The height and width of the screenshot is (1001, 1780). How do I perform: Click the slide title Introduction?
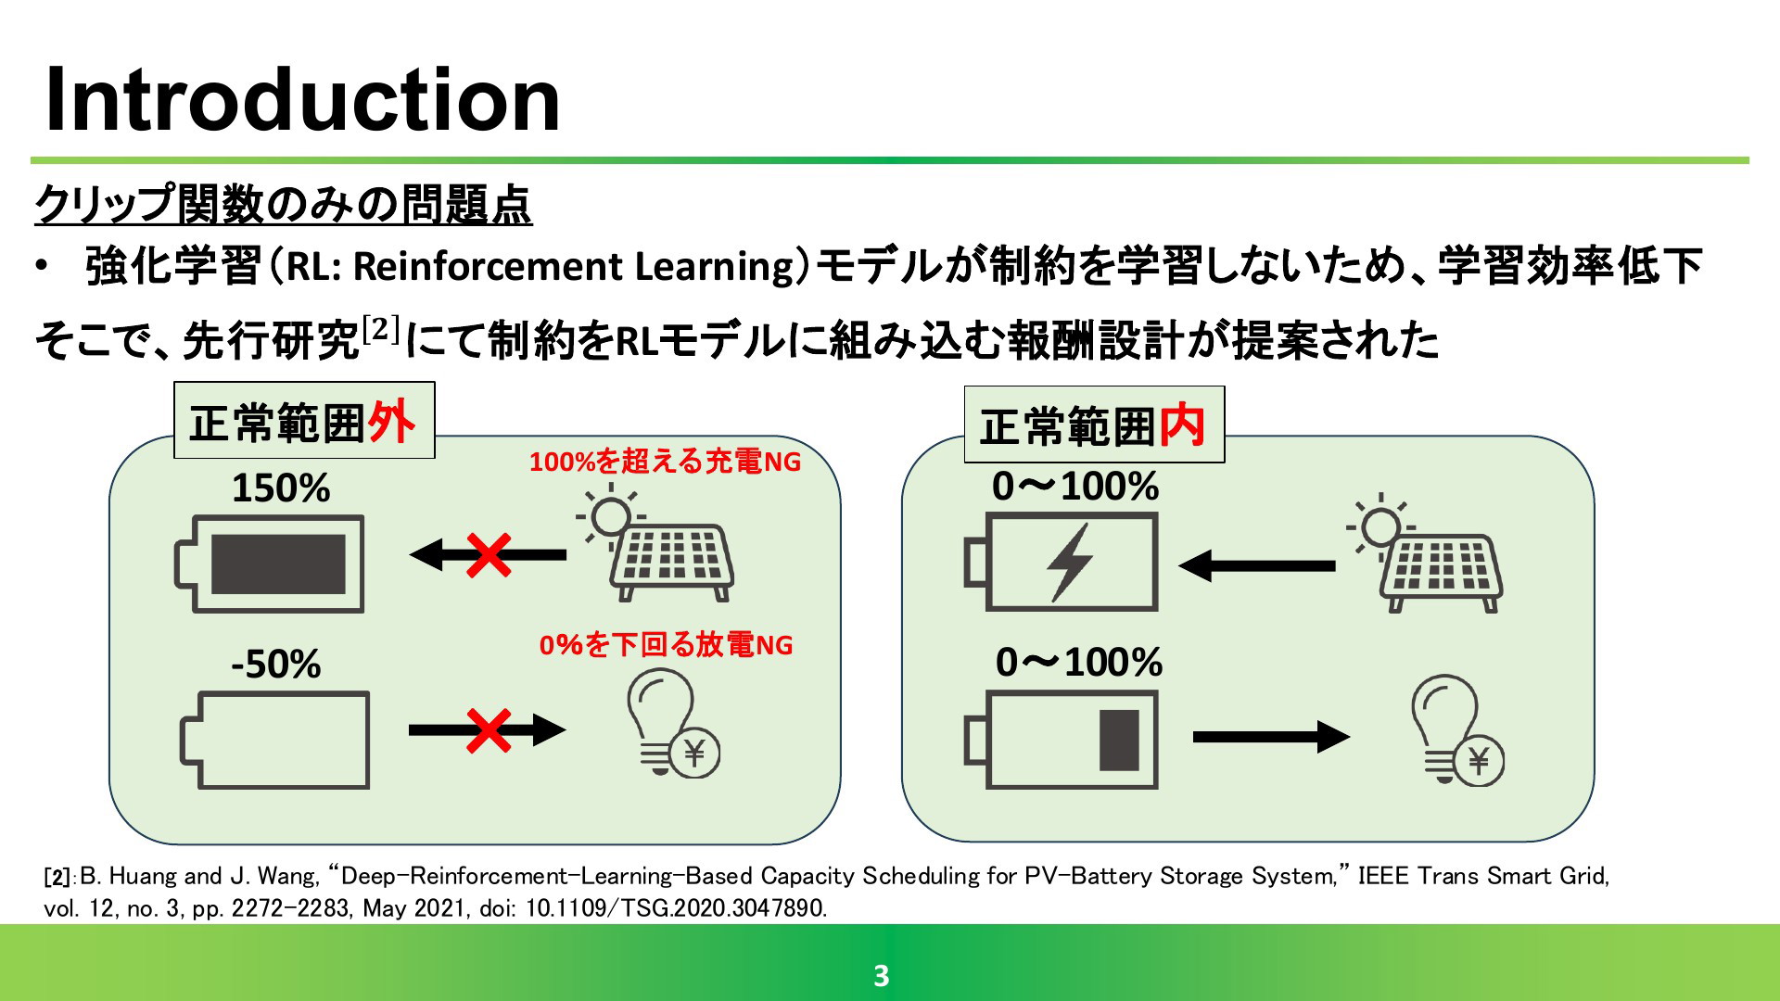(x=302, y=100)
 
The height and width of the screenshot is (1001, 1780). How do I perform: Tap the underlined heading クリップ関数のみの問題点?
(x=283, y=205)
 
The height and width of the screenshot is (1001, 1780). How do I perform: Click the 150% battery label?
(x=281, y=488)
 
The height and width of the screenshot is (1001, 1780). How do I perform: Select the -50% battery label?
(x=276, y=664)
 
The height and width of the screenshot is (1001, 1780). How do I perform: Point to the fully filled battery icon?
(x=270, y=564)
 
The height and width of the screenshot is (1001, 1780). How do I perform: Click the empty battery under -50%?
(x=274, y=741)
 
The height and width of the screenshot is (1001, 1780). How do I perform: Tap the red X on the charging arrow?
(x=489, y=555)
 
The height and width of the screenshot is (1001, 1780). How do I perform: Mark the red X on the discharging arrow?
(x=489, y=730)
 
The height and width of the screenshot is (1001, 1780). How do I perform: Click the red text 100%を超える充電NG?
(x=665, y=461)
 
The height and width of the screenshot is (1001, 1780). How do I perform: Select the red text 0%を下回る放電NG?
(x=667, y=644)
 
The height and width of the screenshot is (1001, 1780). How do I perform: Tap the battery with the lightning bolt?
(x=1062, y=563)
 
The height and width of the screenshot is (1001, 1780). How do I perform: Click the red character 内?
(x=1182, y=425)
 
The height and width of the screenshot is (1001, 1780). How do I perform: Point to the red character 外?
(x=391, y=422)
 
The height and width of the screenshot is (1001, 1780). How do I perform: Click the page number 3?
(x=882, y=975)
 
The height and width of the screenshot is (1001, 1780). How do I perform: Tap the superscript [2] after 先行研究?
(x=380, y=328)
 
